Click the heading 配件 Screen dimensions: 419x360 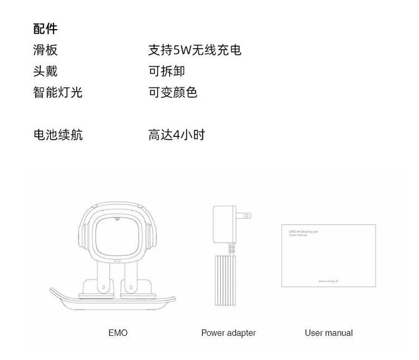coord(45,29)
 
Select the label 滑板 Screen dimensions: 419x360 coord(45,50)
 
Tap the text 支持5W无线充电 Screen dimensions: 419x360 coord(194,50)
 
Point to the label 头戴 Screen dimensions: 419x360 coord(45,71)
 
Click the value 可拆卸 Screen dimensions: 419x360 coord(166,71)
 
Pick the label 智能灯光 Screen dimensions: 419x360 coord(58,92)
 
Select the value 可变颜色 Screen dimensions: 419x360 coord(173,92)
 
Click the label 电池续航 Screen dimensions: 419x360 coord(58,135)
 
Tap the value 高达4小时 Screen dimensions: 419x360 coord(177,135)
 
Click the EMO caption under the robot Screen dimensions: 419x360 coord(118,333)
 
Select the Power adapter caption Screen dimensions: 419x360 coord(228,333)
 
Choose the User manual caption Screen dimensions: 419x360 coord(328,333)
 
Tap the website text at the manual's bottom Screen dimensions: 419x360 coord(332,281)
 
